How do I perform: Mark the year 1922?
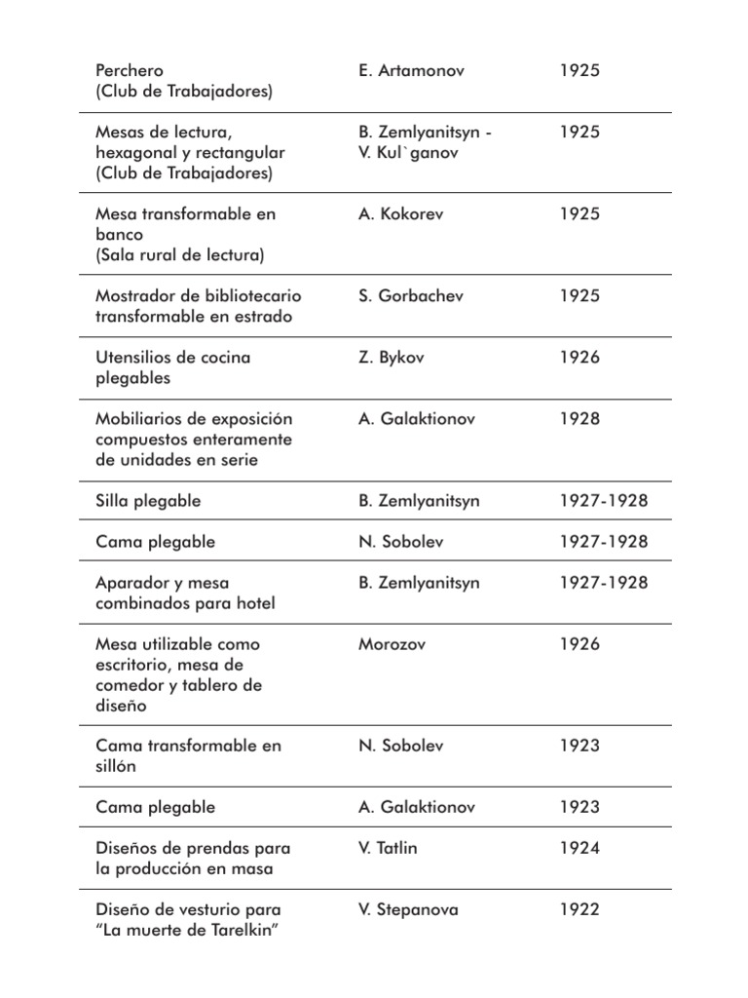579,910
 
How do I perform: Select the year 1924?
579,848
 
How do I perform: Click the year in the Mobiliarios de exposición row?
579,419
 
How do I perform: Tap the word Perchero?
130,71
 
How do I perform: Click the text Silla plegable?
148,501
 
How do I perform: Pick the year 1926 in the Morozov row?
579,644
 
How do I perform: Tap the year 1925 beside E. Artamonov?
579,71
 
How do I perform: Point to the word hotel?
253,603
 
